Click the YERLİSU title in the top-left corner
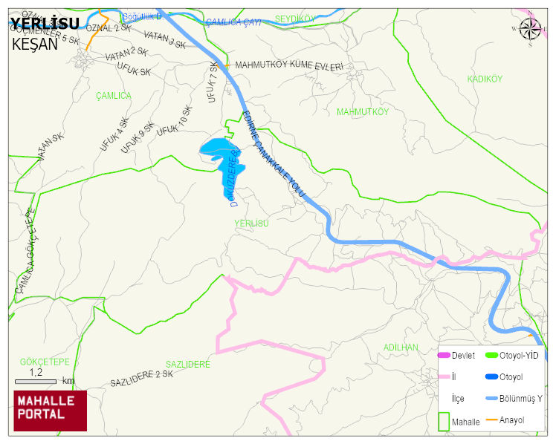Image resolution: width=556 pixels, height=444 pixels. tap(45, 25)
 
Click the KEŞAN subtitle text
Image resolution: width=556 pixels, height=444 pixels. tap(35, 44)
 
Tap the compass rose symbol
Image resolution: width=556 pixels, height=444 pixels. tap(530, 29)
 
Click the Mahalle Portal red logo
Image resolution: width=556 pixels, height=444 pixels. tap(50, 411)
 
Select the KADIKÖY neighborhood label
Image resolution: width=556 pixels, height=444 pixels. tap(485, 79)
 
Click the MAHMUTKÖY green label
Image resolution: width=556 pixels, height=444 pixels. tap(363, 112)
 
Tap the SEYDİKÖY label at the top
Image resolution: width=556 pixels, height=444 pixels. tap(296, 19)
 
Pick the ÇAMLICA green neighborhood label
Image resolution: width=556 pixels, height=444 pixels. tap(114, 96)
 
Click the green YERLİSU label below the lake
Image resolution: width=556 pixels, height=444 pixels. tap(250, 223)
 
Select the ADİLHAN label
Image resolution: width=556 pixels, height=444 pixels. tap(401, 347)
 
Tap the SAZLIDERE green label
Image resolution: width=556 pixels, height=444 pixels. tap(188, 365)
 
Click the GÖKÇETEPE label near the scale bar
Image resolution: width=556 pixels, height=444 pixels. tap(45, 362)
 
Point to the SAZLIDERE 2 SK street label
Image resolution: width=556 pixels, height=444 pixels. tap(141, 379)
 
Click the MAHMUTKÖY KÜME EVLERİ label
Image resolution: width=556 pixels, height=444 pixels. tap(289, 66)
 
